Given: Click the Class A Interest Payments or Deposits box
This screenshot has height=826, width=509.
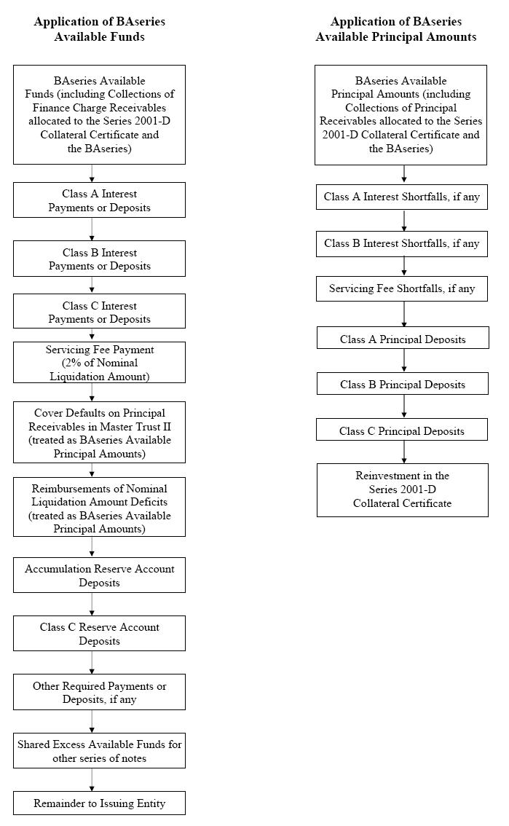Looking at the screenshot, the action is [99, 200].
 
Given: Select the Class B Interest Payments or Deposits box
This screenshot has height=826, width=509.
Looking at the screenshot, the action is [99, 259].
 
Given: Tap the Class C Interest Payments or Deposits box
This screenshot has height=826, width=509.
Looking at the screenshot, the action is [99, 311].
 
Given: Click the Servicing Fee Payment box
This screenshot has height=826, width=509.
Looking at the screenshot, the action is [99, 363].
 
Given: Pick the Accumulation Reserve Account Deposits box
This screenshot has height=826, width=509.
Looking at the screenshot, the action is [99, 575].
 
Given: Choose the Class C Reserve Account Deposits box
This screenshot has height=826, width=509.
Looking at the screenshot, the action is [99, 633].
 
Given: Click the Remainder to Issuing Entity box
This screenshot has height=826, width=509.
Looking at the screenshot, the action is [99, 803].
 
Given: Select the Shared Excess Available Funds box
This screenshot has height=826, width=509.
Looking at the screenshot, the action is [99, 751].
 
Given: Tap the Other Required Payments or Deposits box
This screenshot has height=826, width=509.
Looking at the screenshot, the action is [99, 692].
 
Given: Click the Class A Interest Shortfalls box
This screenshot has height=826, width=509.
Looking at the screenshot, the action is [402, 197].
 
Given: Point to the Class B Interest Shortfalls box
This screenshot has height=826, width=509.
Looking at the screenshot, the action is [402, 244].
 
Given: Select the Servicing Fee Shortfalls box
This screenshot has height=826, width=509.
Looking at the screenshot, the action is [402, 288].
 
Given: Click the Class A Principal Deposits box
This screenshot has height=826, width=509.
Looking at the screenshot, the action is [403, 338].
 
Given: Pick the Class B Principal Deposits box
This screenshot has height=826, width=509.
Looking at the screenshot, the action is [403, 383].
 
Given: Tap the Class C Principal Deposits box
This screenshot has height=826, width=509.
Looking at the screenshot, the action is [402, 429].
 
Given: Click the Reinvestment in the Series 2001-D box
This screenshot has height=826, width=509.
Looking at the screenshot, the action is [403, 490].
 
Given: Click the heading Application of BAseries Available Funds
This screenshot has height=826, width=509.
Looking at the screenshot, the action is [100, 29].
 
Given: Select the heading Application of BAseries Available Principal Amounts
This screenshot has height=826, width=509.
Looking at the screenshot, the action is [396, 29].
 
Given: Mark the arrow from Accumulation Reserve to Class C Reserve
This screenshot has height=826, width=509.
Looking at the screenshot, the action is [92, 605].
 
